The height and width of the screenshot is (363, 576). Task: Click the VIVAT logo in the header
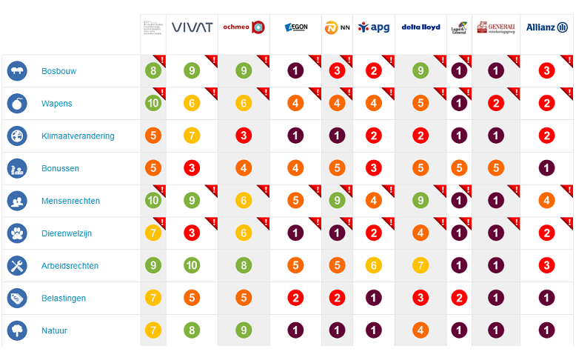[x=192, y=27]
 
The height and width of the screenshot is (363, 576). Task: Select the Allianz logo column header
[x=547, y=27]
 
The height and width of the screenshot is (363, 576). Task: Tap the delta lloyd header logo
[x=421, y=27]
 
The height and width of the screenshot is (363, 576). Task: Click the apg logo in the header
[x=374, y=27]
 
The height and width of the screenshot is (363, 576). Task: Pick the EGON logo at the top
[x=295, y=28]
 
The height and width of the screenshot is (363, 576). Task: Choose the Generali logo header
[x=496, y=27]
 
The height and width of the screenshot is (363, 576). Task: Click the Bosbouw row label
[x=59, y=71]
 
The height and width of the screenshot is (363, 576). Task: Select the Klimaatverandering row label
[x=78, y=136]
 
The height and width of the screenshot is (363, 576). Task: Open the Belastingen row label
[x=64, y=299]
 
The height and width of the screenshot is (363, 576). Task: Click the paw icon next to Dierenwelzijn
[x=17, y=233]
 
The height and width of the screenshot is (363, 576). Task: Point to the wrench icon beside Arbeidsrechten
[x=17, y=266]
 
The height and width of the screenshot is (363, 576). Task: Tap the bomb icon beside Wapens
[x=17, y=104]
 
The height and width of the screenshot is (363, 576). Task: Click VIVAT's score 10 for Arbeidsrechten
[x=192, y=266]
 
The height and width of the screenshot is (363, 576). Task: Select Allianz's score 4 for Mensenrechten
[x=547, y=201]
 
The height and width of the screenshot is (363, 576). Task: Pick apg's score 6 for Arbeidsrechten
[x=374, y=266]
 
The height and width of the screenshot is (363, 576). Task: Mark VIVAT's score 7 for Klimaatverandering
[x=192, y=136]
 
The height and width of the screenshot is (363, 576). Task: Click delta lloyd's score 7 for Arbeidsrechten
[x=421, y=266]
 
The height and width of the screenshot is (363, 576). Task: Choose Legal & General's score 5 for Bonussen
[x=459, y=168]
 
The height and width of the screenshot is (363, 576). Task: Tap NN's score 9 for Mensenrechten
[x=337, y=201]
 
